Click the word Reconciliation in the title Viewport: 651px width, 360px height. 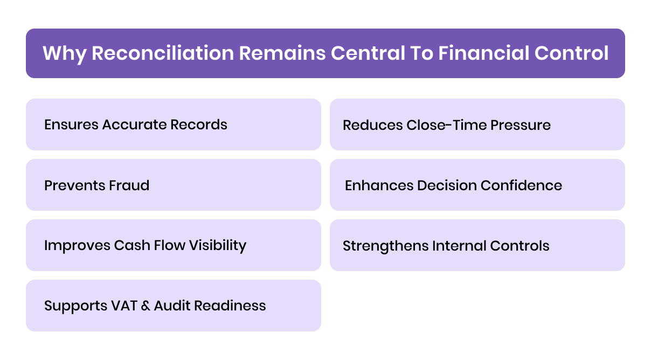(x=162, y=53)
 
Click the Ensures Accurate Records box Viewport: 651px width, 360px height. (x=173, y=124)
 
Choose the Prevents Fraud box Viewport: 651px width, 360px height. (x=173, y=185)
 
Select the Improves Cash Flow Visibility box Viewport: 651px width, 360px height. (x=173, y=245)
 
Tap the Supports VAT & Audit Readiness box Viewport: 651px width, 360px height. (x=173, y=306)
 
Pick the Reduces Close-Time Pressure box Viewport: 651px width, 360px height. (x=477, y=124)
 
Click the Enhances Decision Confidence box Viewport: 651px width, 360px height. (x=477, y=185)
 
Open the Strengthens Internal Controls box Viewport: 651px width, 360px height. (x=477, y=245)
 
